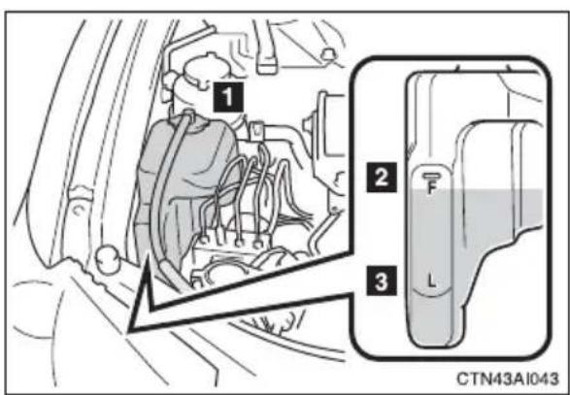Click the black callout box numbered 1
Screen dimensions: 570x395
point(228,97)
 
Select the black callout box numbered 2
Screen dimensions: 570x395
point(382,178)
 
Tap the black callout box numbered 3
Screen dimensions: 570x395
point(382,280)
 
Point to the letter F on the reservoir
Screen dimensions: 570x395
point(431,188)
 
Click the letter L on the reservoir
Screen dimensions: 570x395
point(431,280)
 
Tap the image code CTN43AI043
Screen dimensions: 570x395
point(507,379)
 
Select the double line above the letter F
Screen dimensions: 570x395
point(431,177)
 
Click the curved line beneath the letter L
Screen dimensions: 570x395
point(431,292)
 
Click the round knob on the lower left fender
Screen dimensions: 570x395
point(109,259)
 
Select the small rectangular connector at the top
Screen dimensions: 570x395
point(266,65)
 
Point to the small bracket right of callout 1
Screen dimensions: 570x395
point(257,128)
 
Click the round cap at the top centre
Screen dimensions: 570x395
point(328,54)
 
